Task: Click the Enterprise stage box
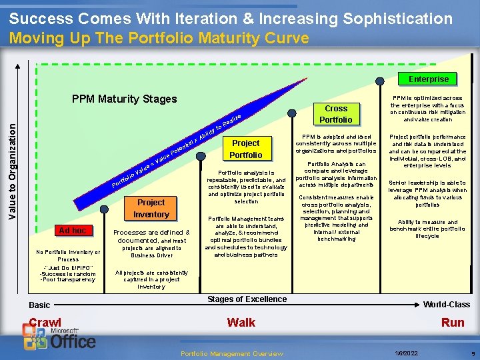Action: coord(429,79)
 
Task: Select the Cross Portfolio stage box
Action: coord(336,114)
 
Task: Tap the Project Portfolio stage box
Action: coord(245,149)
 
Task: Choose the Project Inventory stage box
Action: coord(151,208)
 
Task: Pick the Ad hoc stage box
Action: coord(72,231)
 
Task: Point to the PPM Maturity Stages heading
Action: coord(124,99)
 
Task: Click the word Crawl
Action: coord(45,323)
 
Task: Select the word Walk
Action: coord(241,323)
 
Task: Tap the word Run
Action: coord(453,323)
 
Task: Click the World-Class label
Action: coord(447,305)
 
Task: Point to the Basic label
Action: coord(39,305)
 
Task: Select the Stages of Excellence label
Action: coord(247,299)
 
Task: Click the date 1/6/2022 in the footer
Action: coord(407,353)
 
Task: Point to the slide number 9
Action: coord(471,353)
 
